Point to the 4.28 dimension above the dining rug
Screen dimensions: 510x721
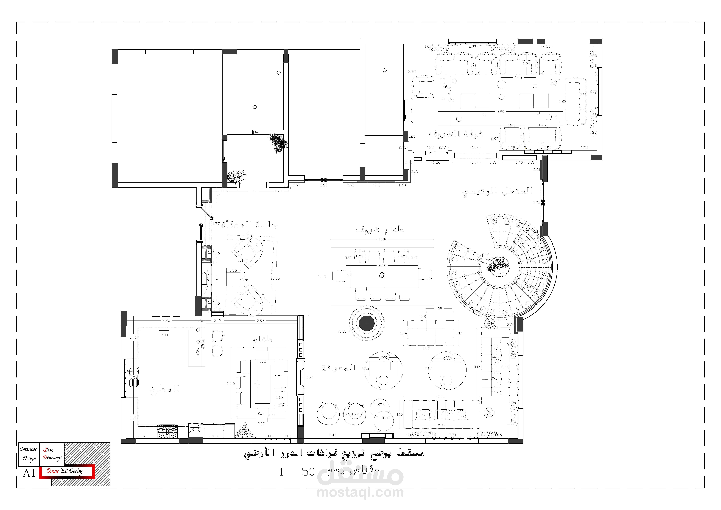pos(382,239)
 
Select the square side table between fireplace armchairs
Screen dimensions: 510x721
pos(233,279)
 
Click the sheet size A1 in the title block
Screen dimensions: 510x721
pos(29,473)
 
